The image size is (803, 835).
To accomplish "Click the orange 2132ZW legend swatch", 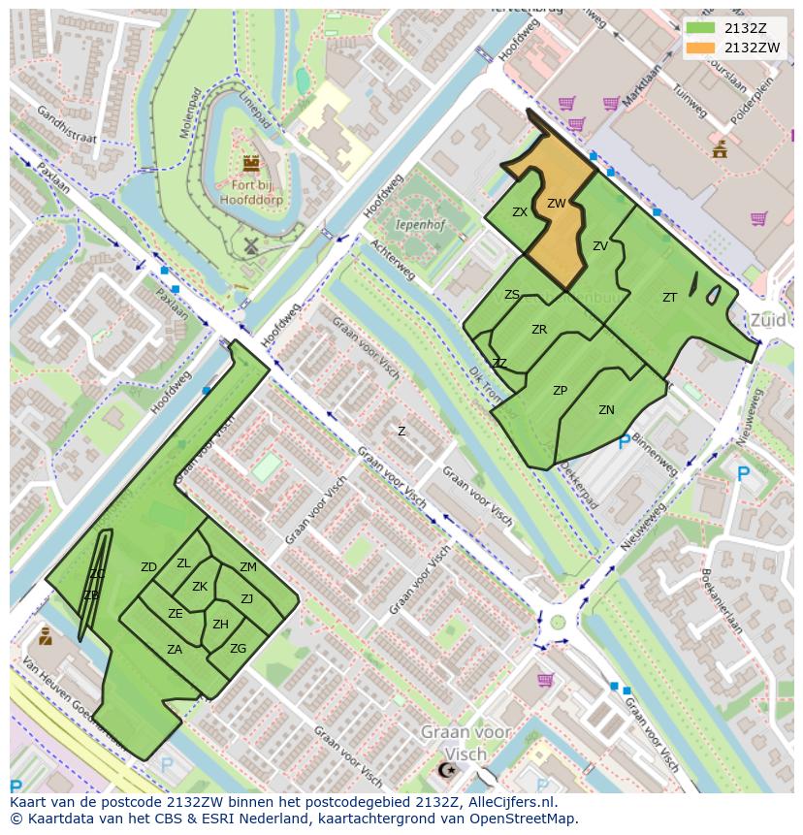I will click(x=702, y=48).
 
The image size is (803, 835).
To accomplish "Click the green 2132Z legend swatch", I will click(x=702, y=28).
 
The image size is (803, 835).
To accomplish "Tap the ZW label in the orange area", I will click(x=556, y=204).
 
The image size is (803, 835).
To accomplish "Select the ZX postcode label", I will click(x=520, y=212).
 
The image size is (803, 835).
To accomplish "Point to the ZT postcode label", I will click(x=669, y=298).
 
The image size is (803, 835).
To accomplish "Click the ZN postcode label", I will click(x=606, y=410).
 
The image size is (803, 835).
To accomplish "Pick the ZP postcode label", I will click(x=560, y=391).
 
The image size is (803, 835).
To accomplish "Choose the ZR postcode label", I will click(x=539, y=330).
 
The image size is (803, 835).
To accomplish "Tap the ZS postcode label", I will click(x=512, y=295).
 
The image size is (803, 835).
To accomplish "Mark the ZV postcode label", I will click(x=599, y=246).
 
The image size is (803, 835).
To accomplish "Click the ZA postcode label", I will click(x=175, y=650).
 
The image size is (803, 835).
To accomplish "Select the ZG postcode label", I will click(x=238, y=649).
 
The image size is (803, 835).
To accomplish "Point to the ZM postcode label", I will click(x=248, y=567).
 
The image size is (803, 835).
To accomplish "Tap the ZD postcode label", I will click(x=148, y=567).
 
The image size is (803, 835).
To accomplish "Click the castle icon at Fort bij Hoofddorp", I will click(x=251, y=163).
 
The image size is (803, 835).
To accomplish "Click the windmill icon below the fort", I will click(x=249, y=246).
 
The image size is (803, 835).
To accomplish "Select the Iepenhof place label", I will click(x=419, y=224).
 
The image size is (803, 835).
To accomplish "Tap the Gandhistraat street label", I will click(x=66, y=126).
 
